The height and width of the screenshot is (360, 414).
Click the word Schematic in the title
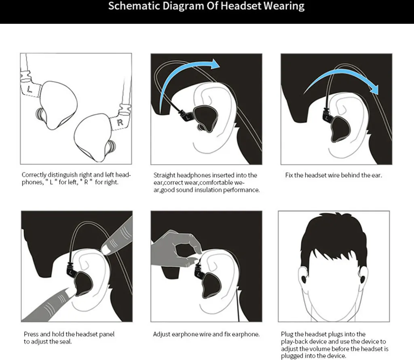pos(134,6)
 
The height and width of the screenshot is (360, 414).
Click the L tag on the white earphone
pos(30,89)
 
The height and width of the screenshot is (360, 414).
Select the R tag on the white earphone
pos(120,122)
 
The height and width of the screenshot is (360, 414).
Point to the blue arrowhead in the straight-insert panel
pos(214,64)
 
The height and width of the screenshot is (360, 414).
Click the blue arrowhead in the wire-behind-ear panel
pos(374,90)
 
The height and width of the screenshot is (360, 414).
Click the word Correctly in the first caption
pos(34,175)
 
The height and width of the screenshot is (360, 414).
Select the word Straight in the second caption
pos(164,175)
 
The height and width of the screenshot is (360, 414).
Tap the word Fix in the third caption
pos(289,175)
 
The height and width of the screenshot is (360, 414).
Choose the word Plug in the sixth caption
pos(287,335)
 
